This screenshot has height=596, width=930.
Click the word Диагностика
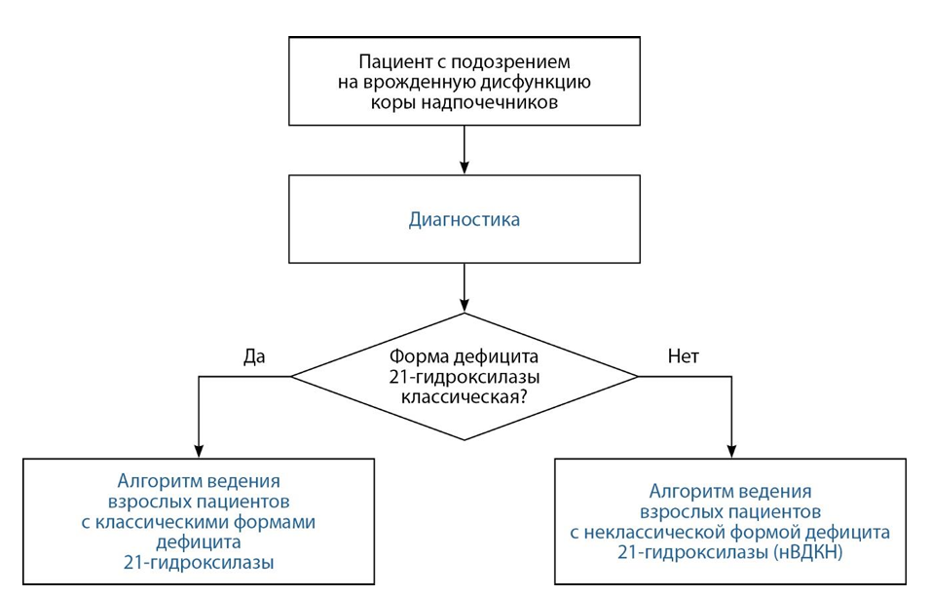pos(464,219)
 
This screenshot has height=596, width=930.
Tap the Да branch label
pos(254,355)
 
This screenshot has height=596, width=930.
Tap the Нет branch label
pos(684,355)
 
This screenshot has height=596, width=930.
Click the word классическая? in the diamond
pos(464,396)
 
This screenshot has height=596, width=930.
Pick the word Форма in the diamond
pos(418,356)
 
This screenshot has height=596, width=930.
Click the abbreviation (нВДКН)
pos(808,553)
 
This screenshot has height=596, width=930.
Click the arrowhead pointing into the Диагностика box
pos(465,168)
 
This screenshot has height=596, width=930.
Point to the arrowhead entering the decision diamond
pos(465,306)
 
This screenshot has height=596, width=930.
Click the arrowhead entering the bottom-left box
pos(199,451)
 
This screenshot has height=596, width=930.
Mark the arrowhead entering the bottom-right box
pos(731,451)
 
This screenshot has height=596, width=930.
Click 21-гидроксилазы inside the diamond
pos(465,377)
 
